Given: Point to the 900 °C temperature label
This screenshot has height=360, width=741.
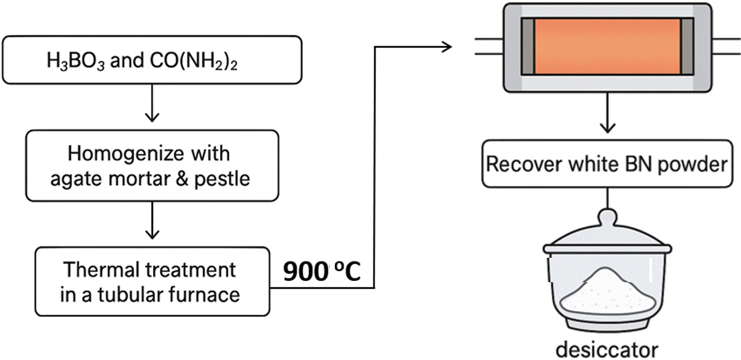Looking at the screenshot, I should click(321, 272).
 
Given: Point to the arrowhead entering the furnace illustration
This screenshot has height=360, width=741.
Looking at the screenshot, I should click(446, 46).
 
